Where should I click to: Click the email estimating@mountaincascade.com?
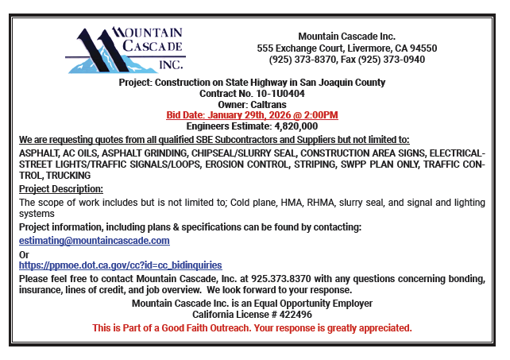(94, 240)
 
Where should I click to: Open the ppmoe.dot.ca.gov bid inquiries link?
(120, 265)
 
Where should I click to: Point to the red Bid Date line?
(252, 115)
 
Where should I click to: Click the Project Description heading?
(61, 189)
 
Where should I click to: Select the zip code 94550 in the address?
(423, 48)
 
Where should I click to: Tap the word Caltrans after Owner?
(269, 104)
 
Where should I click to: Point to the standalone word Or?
(24, 254)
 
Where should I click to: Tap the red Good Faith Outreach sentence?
(252, 328)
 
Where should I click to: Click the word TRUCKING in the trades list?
(69, 176)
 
